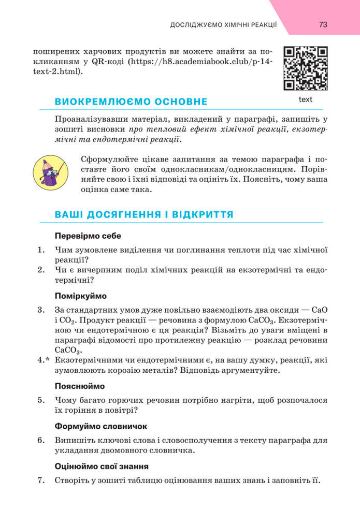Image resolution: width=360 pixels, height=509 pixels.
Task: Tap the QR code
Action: click(x=306, y=68)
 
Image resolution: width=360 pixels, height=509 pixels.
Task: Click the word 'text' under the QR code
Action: click(x=306, y=99)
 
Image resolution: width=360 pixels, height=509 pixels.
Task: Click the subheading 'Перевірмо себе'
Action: click(x=88, y=236)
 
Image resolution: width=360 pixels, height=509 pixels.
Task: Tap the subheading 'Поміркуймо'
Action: click(x=80, y=296)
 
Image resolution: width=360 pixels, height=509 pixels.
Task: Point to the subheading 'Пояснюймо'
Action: click(x=80, y=386)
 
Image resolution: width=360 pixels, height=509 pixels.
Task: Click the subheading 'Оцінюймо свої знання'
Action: click(x=102, y=466)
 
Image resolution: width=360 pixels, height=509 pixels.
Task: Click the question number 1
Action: click(x=41, y=250)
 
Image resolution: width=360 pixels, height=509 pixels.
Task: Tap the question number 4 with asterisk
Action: click(x=43, y=360)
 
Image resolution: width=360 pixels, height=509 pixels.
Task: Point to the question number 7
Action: click(x=41, y=480)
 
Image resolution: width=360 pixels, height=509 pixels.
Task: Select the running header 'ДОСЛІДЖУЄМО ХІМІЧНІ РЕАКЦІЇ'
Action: click(x=224, y=25)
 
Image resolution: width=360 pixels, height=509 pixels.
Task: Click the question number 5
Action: click(x=41, y=400)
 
